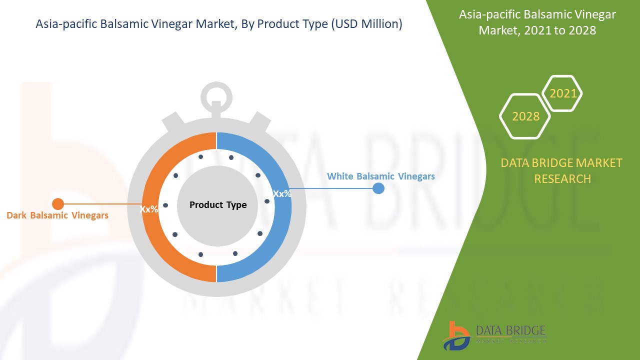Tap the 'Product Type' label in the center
point(217,205)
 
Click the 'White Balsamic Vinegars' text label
point(380,176)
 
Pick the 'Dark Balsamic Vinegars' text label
point(57,215)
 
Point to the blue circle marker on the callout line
point(378,188)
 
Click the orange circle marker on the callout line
point(58,204)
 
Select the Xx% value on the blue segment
point(282,193)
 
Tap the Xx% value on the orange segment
point(149,209)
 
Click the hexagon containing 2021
point(562,93)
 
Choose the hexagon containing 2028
point(525,116)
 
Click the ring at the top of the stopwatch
point(216,97)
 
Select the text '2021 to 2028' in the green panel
point(537,30)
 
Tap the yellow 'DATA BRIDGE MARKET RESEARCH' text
point(562,170)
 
